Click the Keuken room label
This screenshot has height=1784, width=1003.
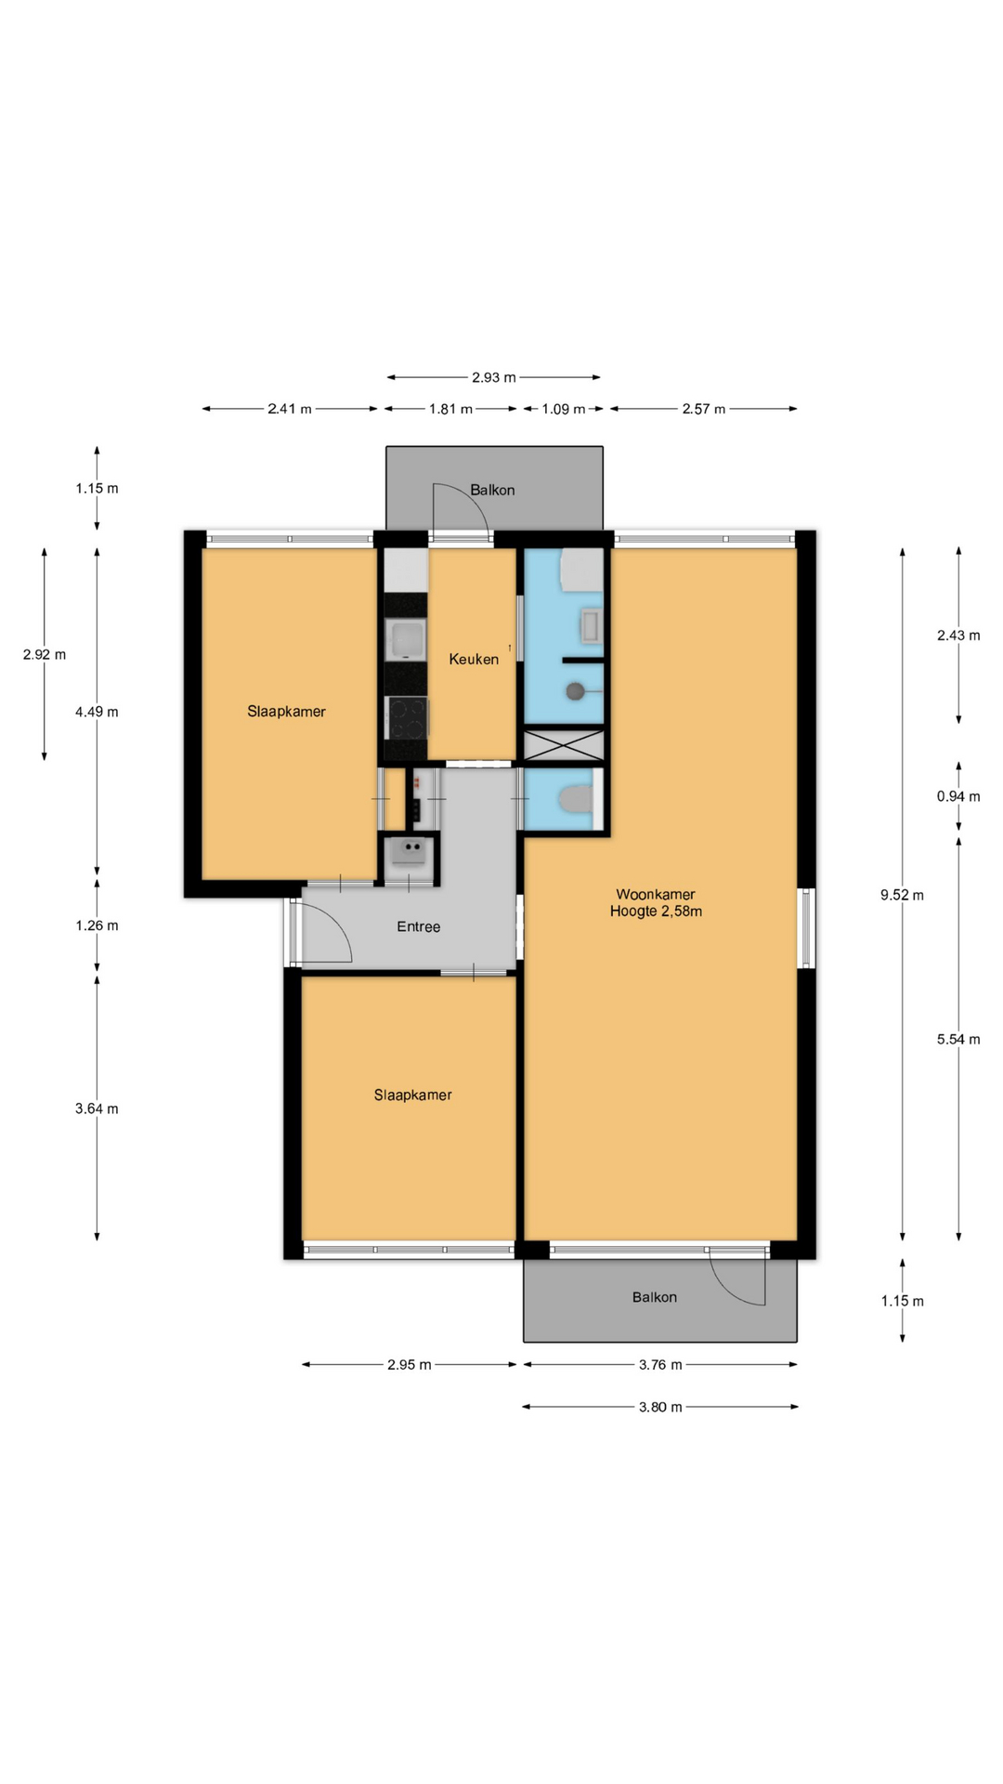pyautogui.click(x=474, y=659)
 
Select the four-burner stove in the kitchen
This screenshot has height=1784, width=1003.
pyautogui.click(x=407, y=717)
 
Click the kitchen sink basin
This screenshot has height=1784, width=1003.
pyautogui.click(x=406, y=640)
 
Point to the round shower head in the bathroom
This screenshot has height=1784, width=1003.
pyautogui.click(x=576, y=690)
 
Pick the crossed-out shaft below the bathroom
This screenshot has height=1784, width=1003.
pyautogui.click(x=564, y=746)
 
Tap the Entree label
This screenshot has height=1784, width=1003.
pyautogui.click(x=418, y=926)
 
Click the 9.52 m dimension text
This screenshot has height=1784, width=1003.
pyautogui.click(x=902, y=895)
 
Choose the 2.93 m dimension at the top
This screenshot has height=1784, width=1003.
pyautogui.click(x=493, y=377)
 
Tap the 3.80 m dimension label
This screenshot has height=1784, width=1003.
pyautogui.click(x=660, y=1407)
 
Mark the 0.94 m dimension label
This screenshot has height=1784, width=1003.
pyautogui.click(x=958, y=796)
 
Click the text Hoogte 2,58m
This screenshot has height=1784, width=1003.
pyautogui.click(x=656, y=912)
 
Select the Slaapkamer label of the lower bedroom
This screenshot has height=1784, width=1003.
pyautogui.click(x=412, y=1095)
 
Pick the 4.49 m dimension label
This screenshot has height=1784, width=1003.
pyautogui.click(x=97, y=712)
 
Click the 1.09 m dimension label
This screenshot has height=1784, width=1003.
pyautogui.click(x=564, y=409)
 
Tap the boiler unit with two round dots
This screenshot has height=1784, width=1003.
pyautogui.click(x=409, y=851)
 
